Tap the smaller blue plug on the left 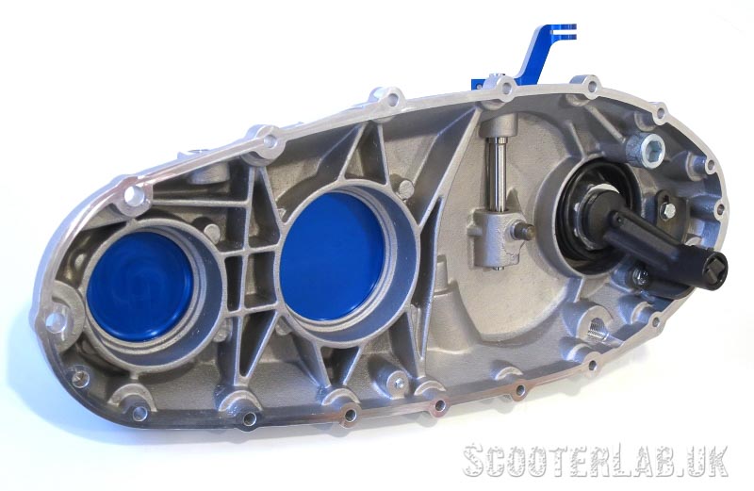coord(139,286)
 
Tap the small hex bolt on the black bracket coord(667,208)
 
